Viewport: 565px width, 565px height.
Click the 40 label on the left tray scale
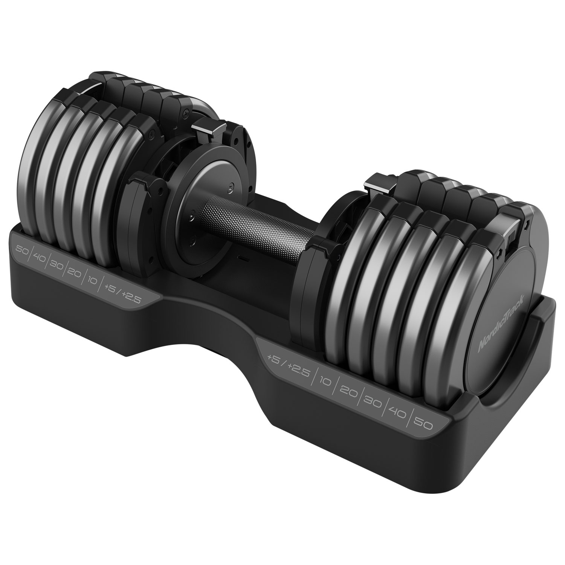[39, 257]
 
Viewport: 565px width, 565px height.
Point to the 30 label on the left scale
[56, 265]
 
